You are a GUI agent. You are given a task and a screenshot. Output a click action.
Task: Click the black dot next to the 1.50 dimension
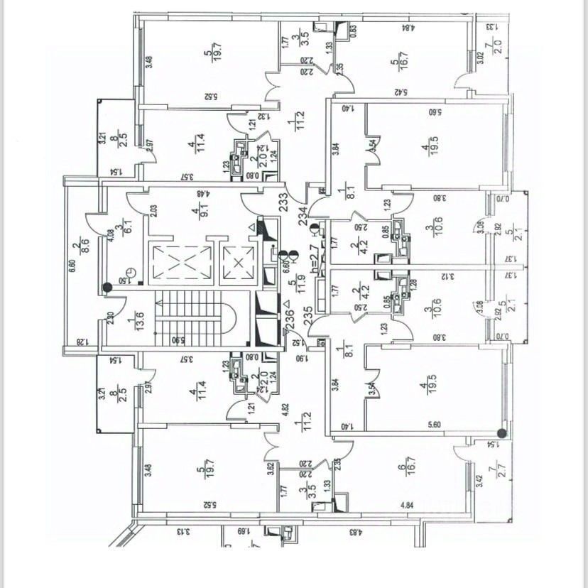107,287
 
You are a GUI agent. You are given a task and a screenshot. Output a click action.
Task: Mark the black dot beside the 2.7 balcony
501,432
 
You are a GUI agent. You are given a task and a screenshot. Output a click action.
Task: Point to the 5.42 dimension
399,92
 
